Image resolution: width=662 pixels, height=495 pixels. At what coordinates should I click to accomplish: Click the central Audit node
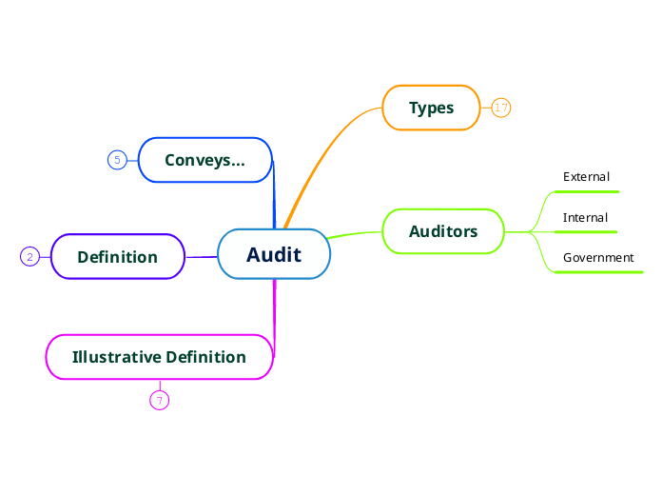[274, 254]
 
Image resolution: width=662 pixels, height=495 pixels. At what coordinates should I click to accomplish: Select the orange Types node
[431, 108]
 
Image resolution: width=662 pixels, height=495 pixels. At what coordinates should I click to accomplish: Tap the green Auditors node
[442, 231]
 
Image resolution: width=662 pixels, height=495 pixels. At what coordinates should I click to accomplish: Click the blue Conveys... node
[204, 160]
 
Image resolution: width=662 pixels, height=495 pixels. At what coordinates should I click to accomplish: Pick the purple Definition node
[117, 257]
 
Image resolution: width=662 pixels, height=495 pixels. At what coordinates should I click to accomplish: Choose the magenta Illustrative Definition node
[159, 357]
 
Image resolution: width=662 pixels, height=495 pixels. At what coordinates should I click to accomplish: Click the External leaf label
[586, 177]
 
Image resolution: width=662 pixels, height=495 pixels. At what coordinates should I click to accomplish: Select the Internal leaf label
[585, 218]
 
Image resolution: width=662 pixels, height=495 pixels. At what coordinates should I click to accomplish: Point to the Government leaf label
[598, 258]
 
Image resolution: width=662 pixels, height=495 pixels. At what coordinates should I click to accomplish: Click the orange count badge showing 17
[501, 108]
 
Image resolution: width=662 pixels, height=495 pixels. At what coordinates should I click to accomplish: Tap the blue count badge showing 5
[117, 160]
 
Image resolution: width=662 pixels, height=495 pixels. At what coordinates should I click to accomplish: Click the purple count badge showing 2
[29, 257]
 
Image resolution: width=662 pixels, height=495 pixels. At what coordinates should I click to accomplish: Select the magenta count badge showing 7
[159, 401]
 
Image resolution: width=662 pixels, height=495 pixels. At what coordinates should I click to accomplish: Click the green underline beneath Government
[598, 272]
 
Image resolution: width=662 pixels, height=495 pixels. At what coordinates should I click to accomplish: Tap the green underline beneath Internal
[585, 231]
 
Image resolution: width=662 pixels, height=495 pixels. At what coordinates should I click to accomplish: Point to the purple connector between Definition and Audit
[201, 257]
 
